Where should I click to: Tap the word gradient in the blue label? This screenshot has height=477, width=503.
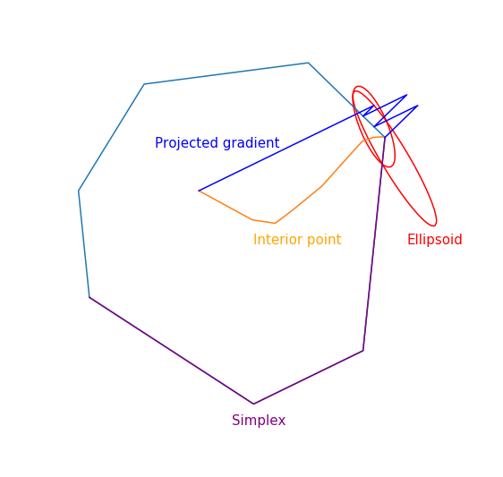click(251, 143)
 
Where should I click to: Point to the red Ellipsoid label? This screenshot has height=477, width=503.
click(435, 239)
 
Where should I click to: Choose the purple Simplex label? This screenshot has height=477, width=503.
click(259, 421)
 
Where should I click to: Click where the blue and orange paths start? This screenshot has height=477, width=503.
click(199, 191)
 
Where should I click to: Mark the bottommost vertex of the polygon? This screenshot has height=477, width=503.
click(253, 404)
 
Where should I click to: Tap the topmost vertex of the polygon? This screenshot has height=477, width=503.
click(308, 63)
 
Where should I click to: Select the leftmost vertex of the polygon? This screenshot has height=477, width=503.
click(79, 191)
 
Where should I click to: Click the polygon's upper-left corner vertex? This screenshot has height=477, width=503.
click(144, 84)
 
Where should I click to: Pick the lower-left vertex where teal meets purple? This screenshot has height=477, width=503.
click(90, 297)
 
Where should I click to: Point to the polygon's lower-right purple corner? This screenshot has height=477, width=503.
click(363, 351)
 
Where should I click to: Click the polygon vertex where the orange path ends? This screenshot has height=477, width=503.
click(385, 137)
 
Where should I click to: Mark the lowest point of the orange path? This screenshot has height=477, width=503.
click(275, 223)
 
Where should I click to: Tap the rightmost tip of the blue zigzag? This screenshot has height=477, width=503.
click(418, 106)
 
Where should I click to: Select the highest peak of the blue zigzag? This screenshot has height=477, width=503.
click(406, 95)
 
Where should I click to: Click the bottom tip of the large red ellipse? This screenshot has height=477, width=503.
click(434, 226)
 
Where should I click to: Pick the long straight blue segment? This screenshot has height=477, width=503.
click(286, 149)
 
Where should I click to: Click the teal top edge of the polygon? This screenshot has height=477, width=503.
click(226, 73)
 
